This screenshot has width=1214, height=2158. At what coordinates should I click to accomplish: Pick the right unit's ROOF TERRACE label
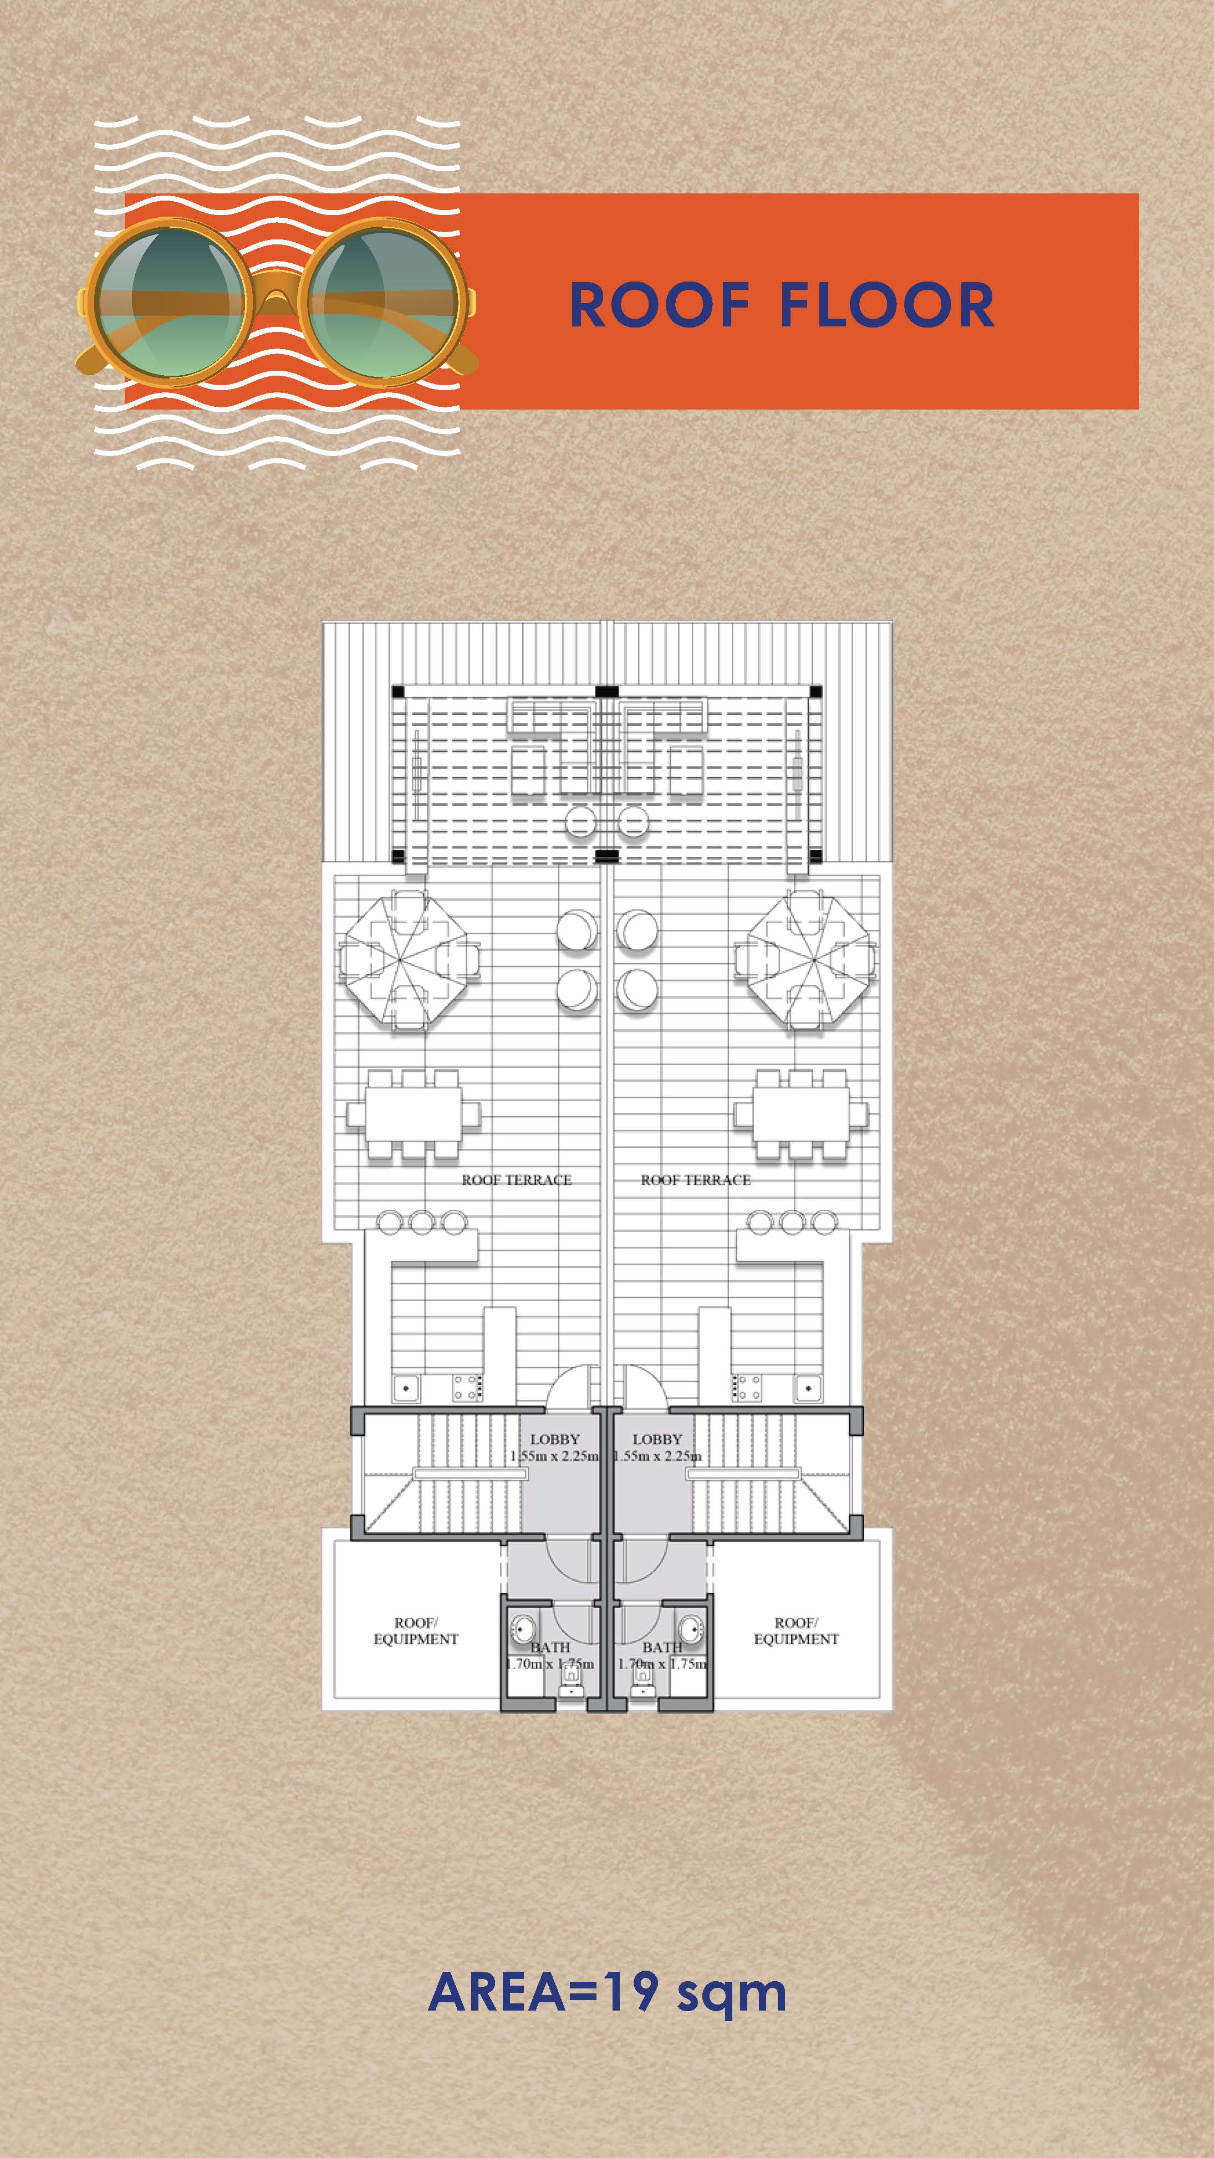click(695, 1179)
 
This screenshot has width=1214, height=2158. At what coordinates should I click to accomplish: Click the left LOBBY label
click(555, 1439)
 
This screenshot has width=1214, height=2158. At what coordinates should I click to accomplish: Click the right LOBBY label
click(657, 1439)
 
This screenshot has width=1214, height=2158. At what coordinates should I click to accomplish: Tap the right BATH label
click(662, 1647)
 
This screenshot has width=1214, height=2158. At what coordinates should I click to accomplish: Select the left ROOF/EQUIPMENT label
click(416, 1630)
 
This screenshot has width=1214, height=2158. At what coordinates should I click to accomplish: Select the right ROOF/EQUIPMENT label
click(796, 1630)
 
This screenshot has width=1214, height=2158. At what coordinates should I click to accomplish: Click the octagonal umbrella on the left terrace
click(410, 960)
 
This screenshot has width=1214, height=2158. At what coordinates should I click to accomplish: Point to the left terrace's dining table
click(413, 1113)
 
